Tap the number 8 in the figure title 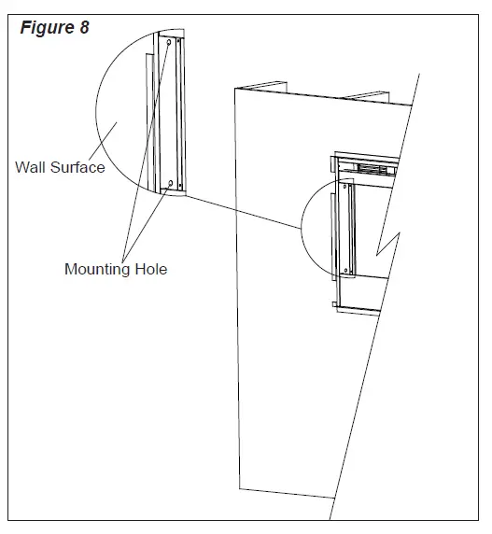84,27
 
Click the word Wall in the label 31,168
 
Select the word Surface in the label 77,168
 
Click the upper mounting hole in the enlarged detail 168,43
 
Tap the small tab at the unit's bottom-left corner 334,302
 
